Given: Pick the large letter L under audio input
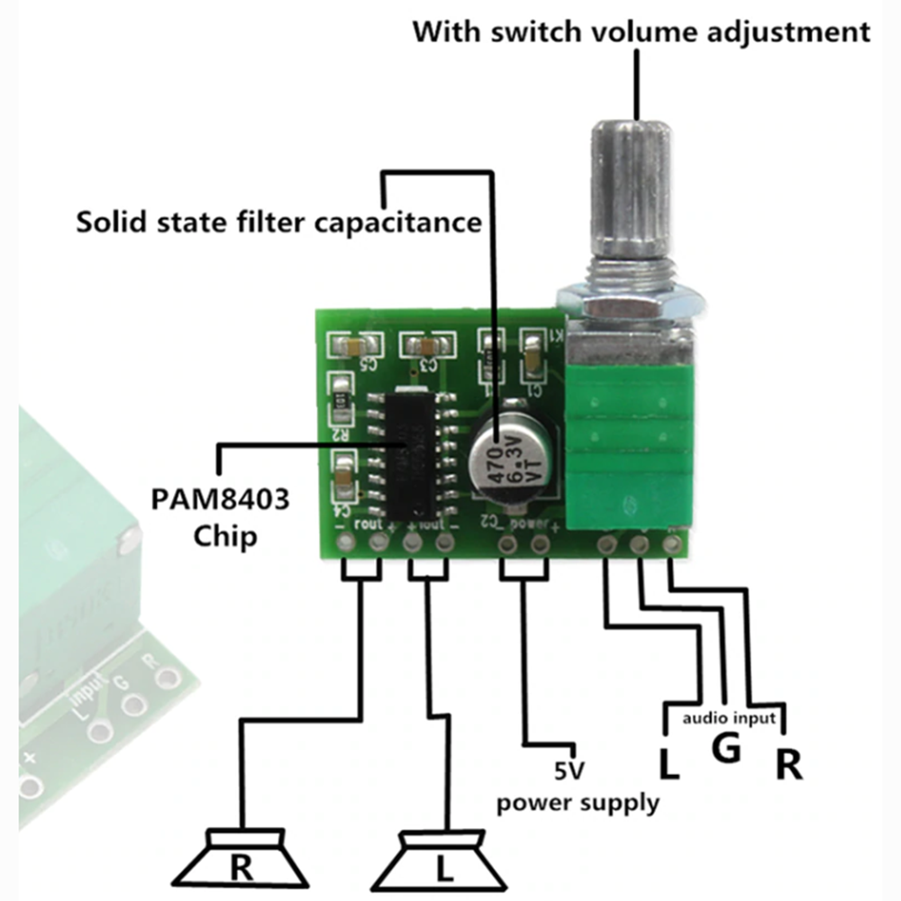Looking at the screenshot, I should (668, 764).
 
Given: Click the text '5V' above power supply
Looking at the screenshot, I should (569, 770).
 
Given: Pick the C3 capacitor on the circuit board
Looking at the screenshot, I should (427, 344).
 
